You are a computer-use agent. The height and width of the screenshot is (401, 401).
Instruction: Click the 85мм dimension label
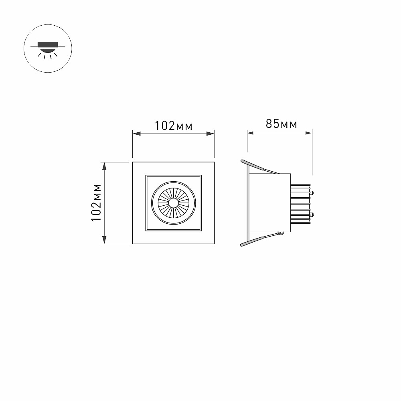(282, 124)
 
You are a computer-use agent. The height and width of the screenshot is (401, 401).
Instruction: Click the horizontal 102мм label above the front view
(174, 126)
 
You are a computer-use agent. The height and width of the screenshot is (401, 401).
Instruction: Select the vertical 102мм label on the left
(97, 203)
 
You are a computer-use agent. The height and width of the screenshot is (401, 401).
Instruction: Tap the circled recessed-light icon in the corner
(48, 49)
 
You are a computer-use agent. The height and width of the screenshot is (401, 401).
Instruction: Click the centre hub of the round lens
(173, 203)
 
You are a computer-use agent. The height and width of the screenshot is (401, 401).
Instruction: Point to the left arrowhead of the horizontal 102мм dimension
(137, 134)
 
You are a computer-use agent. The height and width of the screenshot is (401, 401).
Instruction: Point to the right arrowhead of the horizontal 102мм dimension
(211, 134)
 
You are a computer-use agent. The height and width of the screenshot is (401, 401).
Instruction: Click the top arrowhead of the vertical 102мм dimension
(104, 166)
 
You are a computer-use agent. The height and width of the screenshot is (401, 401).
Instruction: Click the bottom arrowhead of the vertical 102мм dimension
(104, 240)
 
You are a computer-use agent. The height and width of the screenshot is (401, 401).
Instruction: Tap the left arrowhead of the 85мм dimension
(250, 133)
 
